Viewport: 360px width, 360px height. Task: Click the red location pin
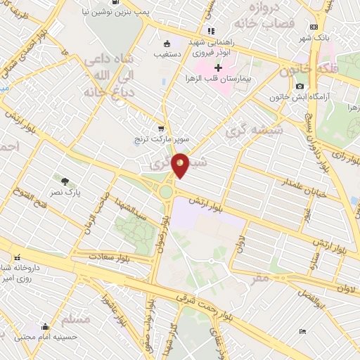pos(181,165)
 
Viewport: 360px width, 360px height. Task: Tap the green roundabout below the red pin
pos(166,191)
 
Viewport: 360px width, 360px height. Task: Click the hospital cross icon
pos(218,68)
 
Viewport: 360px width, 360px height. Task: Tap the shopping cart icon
pos(161,129)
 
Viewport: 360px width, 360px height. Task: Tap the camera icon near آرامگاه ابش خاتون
pos(300,86)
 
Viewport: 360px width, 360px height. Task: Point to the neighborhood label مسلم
pos(76,319)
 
